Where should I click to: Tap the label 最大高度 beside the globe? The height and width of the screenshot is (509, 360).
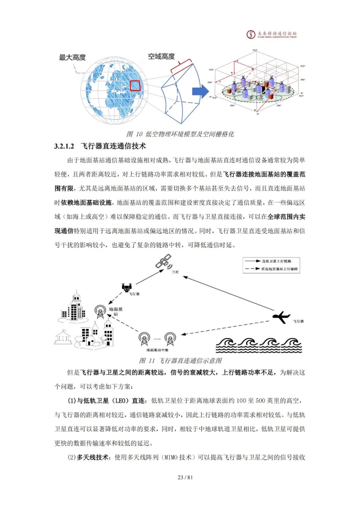pyautogui.click(x=72, y=57)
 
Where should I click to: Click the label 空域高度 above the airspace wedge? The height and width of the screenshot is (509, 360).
pyautogui.click(x=161, y=56)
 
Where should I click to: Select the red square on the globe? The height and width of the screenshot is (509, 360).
pyautogui.click(x=135, y=86)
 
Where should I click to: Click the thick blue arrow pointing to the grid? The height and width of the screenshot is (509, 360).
pyautogui.click(x=200, y=91)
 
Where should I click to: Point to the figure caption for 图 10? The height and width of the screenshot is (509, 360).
pyautogui.click(x=180, y=134)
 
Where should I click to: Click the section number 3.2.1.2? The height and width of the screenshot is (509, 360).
pyautogui.click(x=64, y=146)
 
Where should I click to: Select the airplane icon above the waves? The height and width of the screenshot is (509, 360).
pyautogui.click(x=281, y=317)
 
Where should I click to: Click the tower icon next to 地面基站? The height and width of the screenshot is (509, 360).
pyautogui.click(x=100, y=312)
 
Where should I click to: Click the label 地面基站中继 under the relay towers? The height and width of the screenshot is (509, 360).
pyautogui.click(x=157, y=350)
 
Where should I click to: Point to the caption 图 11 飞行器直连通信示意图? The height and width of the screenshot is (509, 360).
pyautogui.click(x=180, y=361)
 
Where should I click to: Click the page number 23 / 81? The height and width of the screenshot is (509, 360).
pyautogui.click(x=185, y=477)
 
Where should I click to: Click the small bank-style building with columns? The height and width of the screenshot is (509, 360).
pyautogui.click(x=63, y=337)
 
